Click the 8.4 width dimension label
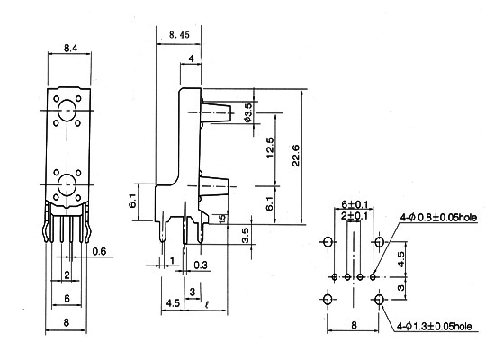click(70, 48)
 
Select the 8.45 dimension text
click(179, 35)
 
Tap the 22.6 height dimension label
click(296, 156)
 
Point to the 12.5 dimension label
click(270, 148)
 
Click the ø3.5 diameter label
click(248, 113)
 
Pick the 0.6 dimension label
click(99, 251)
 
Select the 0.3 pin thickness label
click(201, 265)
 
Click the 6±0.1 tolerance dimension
click(355, 204)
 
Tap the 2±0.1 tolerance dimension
click(355, 216)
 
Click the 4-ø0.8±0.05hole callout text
click(438, 217)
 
